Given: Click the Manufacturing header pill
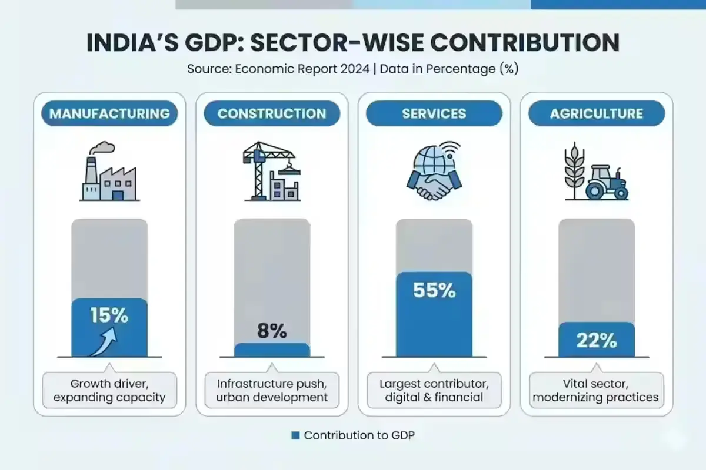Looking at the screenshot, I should pyautogui.click(x=109, y=113).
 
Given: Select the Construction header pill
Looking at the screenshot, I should pyautogui.click(x=272, y=113).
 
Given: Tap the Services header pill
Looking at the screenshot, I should pyautogui.click(x=434, y=113).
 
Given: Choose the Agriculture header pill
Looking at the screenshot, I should pyautogui.click(x=597, y=113).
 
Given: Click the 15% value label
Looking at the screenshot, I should pyautogui.click(x=109, y=315).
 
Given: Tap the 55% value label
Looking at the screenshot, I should pyautogui.click(x=434, y=290).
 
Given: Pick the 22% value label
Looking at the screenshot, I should pyautogui.click(x=597, y=340).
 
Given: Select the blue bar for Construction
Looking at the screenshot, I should pyautogui.click(x=272, y=350).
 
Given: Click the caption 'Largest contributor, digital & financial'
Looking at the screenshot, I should pyautogui.click(x=434, y=390).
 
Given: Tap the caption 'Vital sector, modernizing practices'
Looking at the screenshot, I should pyautogui.click(x=597, y=390).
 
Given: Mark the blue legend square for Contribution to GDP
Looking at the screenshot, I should pyautogui.click(x=296, y=435).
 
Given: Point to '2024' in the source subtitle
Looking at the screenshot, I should pyautogui.click(x=354, y=69).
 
